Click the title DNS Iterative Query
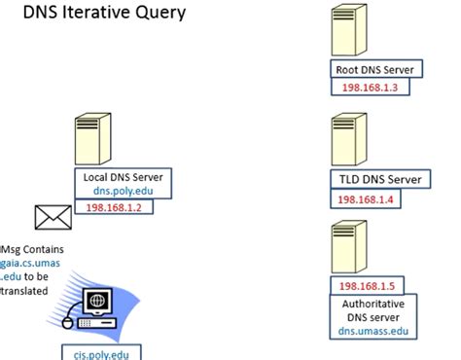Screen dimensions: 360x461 click(x=104, y=14)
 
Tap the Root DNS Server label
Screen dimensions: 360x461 click(x=374, y=70)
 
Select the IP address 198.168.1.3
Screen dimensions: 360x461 click(x=369, y=88)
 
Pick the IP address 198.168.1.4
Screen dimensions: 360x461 click(x=366, y=199)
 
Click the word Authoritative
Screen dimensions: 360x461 click(x=375, y=303)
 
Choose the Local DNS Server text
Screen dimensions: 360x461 click(x=124, y=177)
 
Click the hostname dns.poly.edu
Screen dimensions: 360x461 click(x=124, y=192)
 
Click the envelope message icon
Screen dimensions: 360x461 click(x=51, y=216)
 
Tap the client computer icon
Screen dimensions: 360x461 click(x=95, y=306)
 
